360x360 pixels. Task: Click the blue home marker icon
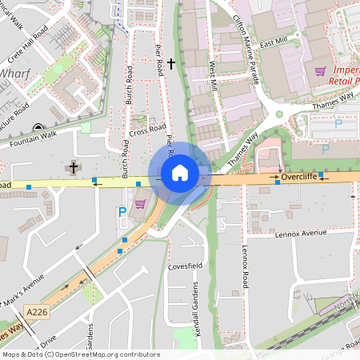(x=180, y=172)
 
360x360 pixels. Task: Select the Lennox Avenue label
(x=301, y=234)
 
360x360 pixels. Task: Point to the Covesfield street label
(x=186, y=266)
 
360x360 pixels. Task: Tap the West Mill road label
(x=214, y=77)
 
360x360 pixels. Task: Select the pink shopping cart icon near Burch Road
(x=140, y=203)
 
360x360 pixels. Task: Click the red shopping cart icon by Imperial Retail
(x=321, y=70)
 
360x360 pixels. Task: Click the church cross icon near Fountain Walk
(x=74, y=167)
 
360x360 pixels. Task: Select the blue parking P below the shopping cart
(x=122, y=213)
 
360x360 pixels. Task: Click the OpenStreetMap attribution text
(x=81, y=354)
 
